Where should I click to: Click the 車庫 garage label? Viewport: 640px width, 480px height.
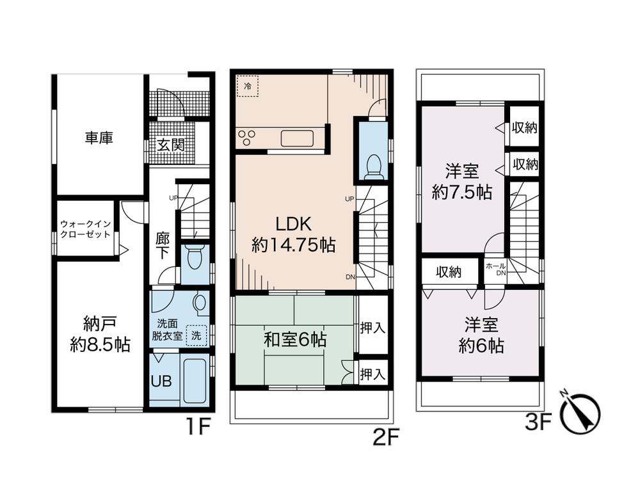point(99,138)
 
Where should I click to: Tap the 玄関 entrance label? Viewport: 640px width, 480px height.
point(171,145)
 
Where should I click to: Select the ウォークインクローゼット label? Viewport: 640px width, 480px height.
point(85,229)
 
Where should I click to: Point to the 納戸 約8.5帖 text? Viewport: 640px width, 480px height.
point(100,335)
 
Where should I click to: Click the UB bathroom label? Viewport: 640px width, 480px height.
point(161,381)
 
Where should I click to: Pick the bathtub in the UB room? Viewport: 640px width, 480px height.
point(195,380)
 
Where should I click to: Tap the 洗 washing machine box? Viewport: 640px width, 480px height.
point(196,335)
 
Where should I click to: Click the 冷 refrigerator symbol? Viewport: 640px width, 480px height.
point(248,86)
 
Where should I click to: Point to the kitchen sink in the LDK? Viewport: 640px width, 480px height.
point(297,138)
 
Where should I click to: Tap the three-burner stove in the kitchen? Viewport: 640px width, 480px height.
point(246,137)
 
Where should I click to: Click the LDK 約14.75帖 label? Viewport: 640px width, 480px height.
point(294,234)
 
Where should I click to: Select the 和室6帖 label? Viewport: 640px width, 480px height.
point(295,339)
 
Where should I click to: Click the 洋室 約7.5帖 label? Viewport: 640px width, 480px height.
point(462,181)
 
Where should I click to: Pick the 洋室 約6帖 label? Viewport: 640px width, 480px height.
point(481,335)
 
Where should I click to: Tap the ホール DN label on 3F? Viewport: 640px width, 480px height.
point(496,269)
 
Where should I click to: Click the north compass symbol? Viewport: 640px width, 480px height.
point(581,412)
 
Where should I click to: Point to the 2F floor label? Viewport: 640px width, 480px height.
point(386,438)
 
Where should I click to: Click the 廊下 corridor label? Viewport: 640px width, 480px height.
point(163,246)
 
